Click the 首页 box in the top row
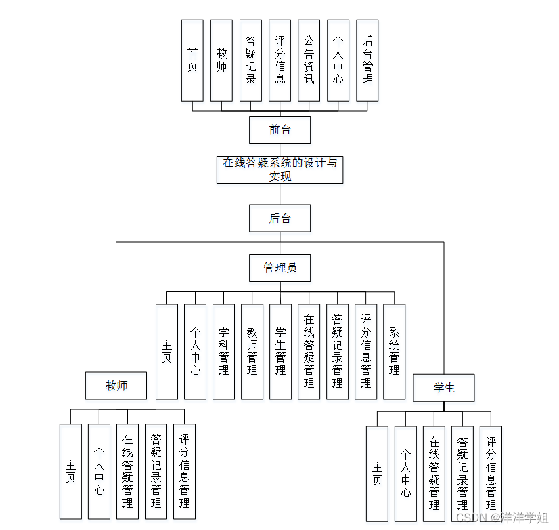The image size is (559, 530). click(x=192, y=60)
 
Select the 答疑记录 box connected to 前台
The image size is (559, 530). click(x=250, y=60)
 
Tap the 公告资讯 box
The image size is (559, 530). click(x=309, y=60)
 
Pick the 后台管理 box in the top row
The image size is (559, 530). click(x=367, y=60)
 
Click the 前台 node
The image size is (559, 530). click(x=279, y=129)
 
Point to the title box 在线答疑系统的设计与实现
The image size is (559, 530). click(x=279, y=169)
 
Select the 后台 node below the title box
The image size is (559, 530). click(x=279, y=218)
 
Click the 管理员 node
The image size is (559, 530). click(x=279, y=268)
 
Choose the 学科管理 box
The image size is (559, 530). click(x=223, y=351)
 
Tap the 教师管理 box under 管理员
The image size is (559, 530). click(x=252, y=351)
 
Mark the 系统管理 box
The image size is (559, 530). click(x=394, y=351)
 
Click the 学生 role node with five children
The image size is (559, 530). click(x=444, y=388)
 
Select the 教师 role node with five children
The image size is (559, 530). click(x=116, y=386)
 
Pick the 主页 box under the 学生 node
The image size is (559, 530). click(x=377, y=473)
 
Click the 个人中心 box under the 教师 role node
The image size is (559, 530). click(x=99, y=471)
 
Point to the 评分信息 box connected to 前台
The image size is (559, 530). click(x=279, y=60)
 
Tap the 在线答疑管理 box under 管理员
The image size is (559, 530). click(x=309, y=351)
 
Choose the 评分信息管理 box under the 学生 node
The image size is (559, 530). click(x=491, y=473)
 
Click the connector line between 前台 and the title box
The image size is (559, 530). click(x=279, y=149)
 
